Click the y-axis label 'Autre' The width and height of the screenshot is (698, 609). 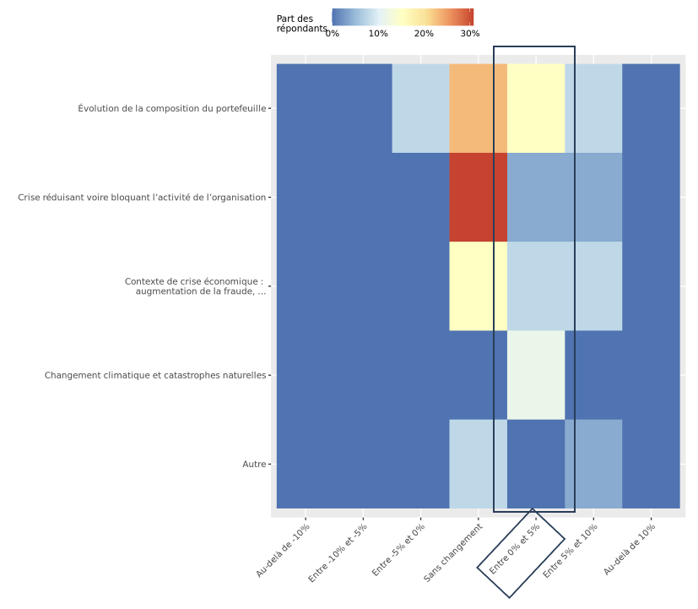point(254,465)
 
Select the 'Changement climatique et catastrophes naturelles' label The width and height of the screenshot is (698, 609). point(155,375)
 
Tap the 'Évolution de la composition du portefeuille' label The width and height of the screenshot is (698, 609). point(172,108)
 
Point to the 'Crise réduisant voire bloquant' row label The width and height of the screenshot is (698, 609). point(142,198)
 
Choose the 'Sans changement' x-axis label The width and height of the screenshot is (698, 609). point(454,552)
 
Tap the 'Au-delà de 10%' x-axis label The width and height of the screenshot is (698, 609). point(630,550)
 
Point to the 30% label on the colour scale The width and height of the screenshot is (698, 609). point(470,34)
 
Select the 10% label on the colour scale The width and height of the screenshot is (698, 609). point(378,34)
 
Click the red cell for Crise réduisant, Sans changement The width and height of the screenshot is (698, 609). point(478,198)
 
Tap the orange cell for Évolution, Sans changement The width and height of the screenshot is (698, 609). point(478,108)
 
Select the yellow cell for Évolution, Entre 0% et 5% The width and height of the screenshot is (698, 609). point(536,108)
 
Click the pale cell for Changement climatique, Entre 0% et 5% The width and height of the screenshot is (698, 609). point(536,375)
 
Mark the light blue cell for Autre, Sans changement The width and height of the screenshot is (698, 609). point(478,465)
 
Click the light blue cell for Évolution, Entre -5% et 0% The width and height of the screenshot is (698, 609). point(420,108)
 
